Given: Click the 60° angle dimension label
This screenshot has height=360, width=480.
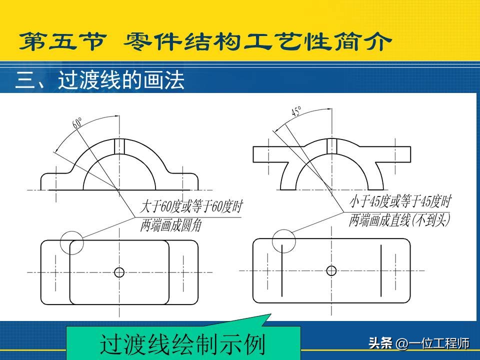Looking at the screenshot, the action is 77,122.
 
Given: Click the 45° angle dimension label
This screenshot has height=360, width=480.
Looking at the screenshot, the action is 296,111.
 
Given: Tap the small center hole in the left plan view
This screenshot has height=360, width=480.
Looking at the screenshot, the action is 119,272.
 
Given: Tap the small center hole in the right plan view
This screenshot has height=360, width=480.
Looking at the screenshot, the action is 331,270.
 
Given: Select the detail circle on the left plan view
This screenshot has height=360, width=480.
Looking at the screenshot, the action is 71,231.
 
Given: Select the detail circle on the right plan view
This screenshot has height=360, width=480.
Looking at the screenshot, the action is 284,230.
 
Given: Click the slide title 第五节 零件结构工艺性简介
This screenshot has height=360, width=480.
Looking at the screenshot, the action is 205,41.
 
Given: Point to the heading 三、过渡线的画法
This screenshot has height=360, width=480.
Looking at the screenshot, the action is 100,80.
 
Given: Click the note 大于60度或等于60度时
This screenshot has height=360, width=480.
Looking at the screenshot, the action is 191,206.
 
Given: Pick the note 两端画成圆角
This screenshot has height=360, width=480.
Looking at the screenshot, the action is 171,225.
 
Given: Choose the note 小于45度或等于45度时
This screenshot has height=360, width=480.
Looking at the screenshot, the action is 400,201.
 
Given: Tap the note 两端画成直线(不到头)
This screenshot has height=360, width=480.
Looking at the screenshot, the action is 399,219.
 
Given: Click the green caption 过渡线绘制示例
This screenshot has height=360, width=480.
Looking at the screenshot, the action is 182,344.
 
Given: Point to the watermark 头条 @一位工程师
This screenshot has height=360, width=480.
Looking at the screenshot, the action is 419,343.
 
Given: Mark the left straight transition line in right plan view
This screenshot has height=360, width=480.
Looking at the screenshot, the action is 281,270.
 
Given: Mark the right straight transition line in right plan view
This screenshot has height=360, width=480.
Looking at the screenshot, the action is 381,270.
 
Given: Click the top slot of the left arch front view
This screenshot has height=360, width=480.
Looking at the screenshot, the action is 119,146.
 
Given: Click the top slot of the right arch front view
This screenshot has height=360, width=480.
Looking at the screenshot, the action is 332,145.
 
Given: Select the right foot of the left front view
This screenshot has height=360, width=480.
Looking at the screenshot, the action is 186,181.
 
